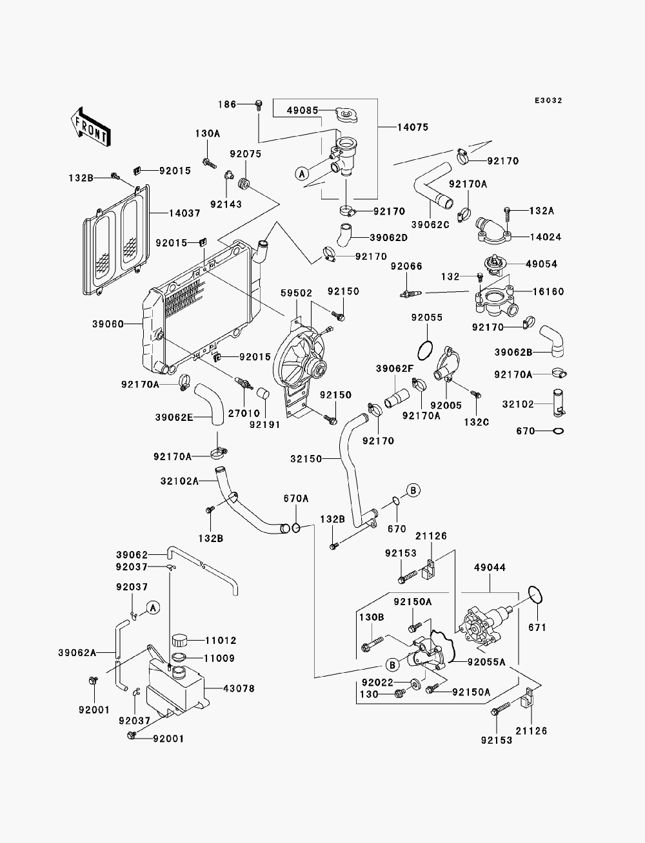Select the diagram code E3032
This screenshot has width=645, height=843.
click(548, 101)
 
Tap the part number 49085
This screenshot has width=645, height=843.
click(303, 111)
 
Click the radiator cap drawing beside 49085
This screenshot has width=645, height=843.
click(347, 114)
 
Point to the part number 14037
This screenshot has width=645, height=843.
click(184, 213)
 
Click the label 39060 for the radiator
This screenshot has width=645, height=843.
click(108, 324)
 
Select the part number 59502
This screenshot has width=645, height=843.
click(296, 293)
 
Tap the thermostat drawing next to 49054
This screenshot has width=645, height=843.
click(495, 265)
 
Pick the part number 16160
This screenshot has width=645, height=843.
click(548, 291)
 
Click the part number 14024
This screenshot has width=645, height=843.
click(546, 237)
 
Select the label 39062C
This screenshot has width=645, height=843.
click(430, 225)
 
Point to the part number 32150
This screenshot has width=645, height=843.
click(306, 459)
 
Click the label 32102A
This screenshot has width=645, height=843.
click(179, 481)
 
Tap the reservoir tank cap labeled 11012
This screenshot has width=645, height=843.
click(179, 640)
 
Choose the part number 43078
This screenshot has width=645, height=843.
click(239, 688)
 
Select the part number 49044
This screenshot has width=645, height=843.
click(490, 567)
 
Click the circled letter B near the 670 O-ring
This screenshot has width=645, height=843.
click(413, 490)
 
